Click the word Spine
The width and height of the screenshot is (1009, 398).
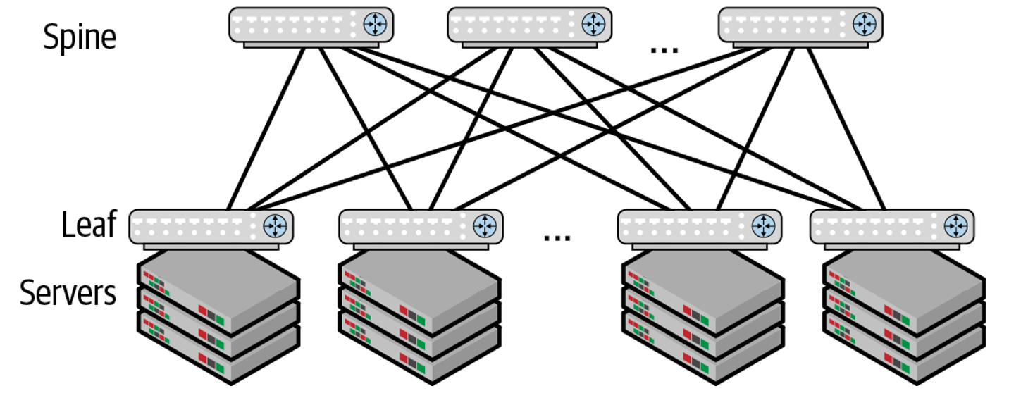(x=79, y=36)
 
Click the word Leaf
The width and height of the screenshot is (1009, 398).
(x=88, y=225)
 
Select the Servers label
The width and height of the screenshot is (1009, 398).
(x=68, y=292)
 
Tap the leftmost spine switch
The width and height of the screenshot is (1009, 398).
(x=311, y=25)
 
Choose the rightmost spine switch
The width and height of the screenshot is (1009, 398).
(x=800, y=25)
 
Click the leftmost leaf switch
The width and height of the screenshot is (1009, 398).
(x=211, y=227)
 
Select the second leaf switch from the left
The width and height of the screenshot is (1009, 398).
(x=421, y=227)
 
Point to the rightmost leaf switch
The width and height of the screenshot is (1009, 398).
(x=892, y=227)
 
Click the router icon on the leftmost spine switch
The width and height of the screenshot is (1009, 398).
(x=375, y=24)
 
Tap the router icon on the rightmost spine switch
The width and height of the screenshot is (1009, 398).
(x=864, y=24)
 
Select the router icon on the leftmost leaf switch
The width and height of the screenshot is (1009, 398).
(x=275, y=225)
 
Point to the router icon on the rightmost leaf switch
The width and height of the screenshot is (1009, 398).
(x=956, y=225)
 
